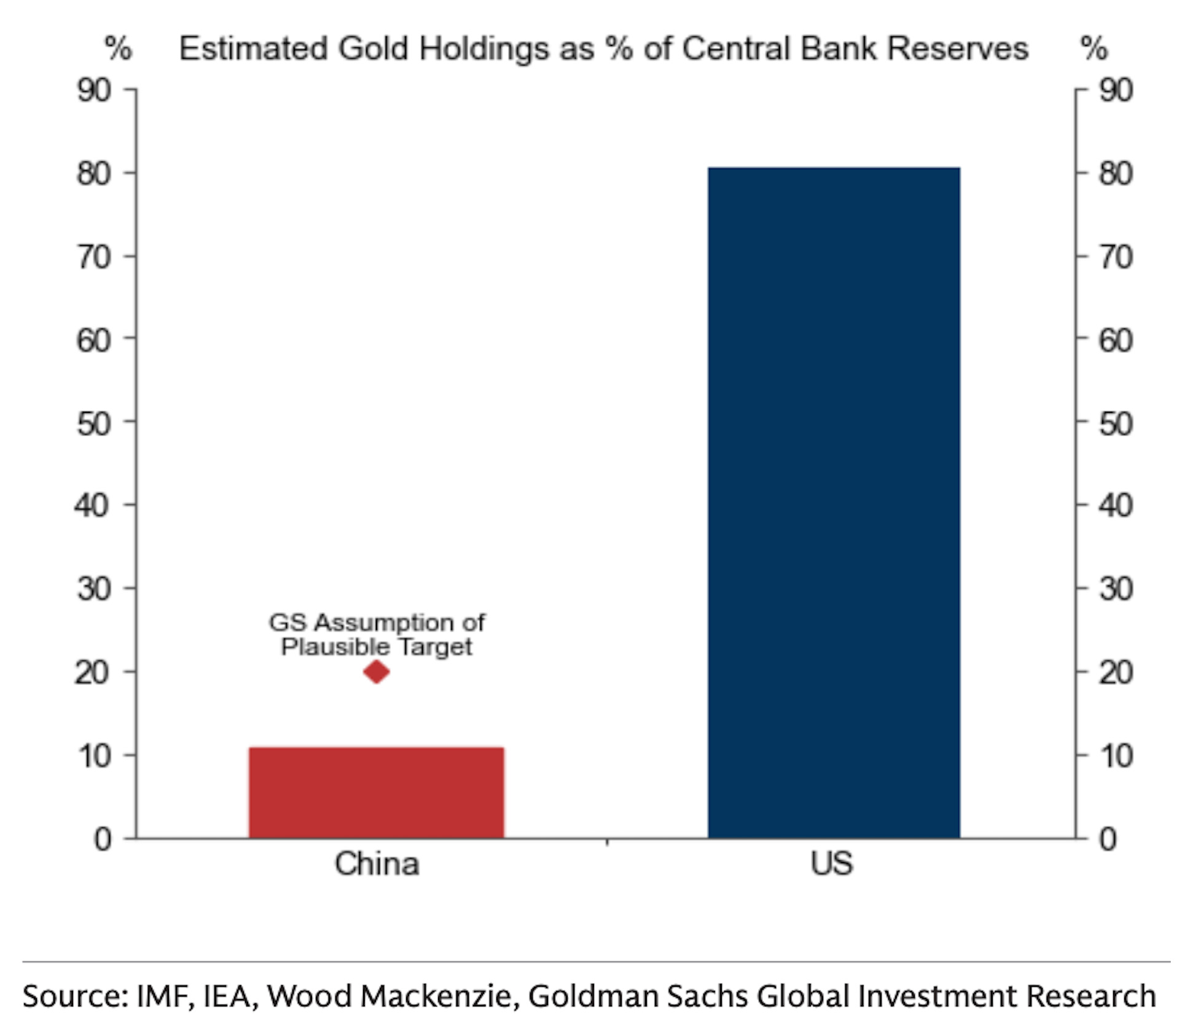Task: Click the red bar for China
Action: click(376, 792)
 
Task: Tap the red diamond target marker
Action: click(376, 672)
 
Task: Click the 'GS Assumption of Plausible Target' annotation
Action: click(376, 634)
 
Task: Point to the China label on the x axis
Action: click(376, 863)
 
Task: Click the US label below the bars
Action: click(831, 863)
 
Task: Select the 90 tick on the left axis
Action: click(94, 90)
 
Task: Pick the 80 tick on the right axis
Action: click(1116, 174)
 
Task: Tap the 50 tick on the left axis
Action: click(94, 424)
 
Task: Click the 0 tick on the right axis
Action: click(1108, 839)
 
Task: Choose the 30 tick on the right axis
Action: click(1116, 589)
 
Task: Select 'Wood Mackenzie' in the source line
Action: click(389, 996)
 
